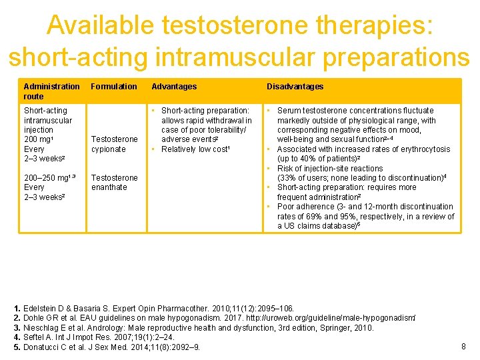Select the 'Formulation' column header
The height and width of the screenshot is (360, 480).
(x=114, y=87)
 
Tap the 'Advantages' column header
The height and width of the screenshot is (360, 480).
(x=174, y=87)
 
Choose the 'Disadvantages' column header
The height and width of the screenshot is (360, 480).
(x=295, y=87)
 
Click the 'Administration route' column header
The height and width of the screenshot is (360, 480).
(x=51, y=91)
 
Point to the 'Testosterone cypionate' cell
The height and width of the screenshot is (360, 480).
(x=114, y=144)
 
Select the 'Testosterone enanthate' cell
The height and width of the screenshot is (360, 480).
(x=114, y=183)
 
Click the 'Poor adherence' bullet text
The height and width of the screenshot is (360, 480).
(x=305, y=207)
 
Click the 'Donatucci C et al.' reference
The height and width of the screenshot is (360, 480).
(x=111, y=347)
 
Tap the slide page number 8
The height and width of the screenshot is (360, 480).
(x=464, y=346)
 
